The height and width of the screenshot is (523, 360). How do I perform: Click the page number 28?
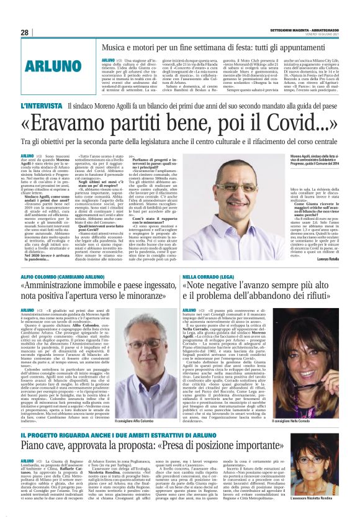[24, 32]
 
